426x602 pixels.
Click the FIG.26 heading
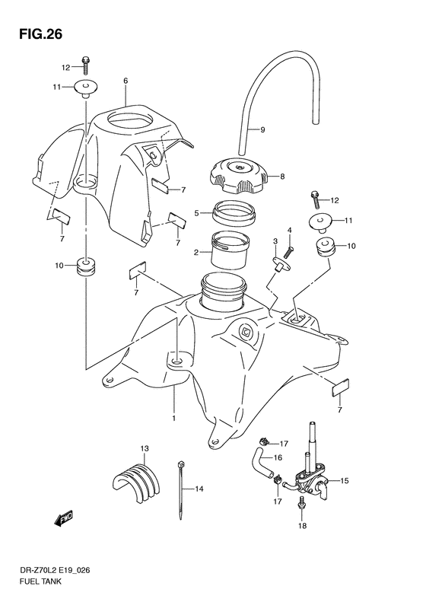pos(40,34)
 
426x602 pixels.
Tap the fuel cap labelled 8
pos(238,177)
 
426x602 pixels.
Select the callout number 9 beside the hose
pos(262,130)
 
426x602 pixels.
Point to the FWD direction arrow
pos(63,518)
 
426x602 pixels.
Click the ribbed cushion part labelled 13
pos(136,481)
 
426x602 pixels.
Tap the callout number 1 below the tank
pos(174,418)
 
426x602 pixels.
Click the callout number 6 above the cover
pos(126,81)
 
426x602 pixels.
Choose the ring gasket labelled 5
pos(234,212)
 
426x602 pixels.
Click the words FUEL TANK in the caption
pos(40,592)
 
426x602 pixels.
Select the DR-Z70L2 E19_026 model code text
pos(55,581)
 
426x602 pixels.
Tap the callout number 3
pos(275,241)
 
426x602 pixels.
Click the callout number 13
pos(145,448)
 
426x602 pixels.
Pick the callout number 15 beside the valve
pos(345,480)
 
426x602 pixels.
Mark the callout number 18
pos(303,526)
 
